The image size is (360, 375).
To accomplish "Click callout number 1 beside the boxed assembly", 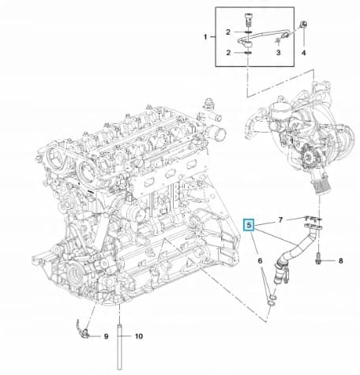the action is coord(205,37).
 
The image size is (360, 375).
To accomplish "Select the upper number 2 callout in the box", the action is coord(228,32).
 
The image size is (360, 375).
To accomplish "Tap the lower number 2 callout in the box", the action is coord(228,53).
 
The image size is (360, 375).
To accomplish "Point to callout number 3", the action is coord(279,53).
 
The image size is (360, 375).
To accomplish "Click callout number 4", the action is coord(304,53).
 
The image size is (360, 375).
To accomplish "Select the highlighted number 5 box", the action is coord(249,225).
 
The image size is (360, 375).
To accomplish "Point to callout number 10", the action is coord(139,336).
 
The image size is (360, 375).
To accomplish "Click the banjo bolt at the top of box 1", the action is coord(248,19).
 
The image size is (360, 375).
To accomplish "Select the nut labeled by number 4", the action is coord(304,24).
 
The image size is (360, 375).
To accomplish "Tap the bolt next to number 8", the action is coord(318,257).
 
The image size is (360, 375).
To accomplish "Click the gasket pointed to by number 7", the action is coord(313,219).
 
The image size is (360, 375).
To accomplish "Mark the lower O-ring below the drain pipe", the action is coord(270,305).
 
